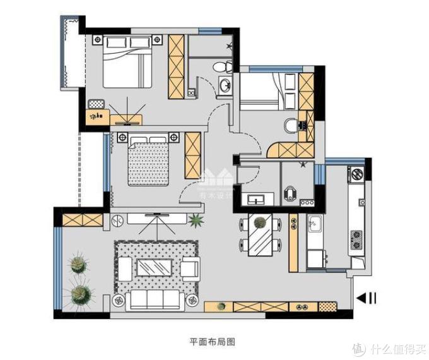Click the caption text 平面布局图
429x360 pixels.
212,342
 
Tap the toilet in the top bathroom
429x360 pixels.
219,65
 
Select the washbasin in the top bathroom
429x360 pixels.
225,85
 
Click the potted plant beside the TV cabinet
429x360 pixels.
196,221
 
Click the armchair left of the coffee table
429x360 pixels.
124,268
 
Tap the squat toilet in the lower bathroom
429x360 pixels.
291,193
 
